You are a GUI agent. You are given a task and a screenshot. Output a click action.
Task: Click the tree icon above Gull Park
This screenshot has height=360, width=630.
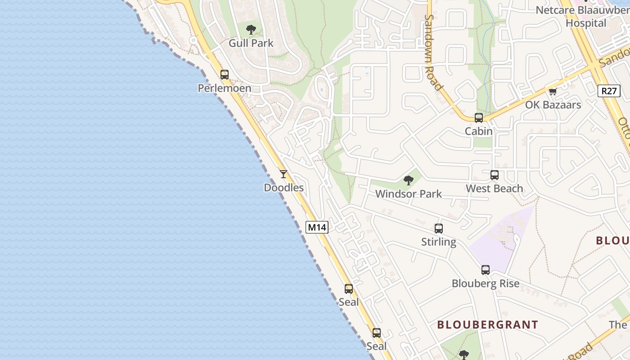[251, 30]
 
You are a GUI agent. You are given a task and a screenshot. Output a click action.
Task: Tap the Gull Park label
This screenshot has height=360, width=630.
[251, 43]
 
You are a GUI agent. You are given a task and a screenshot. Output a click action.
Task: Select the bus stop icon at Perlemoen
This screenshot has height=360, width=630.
[224, 75]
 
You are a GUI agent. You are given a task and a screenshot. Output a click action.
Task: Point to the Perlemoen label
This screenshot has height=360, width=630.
[225, 88]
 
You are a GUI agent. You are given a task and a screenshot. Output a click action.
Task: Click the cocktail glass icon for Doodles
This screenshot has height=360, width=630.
[283, 174]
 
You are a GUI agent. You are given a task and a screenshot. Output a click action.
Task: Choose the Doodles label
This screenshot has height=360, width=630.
[283, 188]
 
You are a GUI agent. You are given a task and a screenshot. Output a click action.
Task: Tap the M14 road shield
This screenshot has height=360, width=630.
[317, 227]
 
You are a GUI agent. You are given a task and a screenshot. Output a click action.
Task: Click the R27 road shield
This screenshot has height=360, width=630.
[609, 91]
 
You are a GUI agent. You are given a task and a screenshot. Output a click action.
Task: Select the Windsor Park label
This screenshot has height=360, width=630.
[409, 194]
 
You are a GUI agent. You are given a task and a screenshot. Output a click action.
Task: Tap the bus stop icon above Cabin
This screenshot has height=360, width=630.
[479, 118]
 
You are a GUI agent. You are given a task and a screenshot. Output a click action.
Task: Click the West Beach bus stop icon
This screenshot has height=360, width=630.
[495, 175]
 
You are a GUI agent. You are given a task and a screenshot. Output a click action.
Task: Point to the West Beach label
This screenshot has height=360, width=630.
[495, 188]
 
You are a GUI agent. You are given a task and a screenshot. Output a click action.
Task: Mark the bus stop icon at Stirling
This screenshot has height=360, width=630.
[439, 229]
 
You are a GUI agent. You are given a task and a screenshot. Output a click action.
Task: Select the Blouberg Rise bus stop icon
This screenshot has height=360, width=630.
[486, 270]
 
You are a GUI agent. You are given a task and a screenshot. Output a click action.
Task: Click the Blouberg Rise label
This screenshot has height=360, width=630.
[486, 283]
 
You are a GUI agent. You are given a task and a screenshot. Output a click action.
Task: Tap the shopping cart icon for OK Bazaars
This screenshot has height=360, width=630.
[553, 91]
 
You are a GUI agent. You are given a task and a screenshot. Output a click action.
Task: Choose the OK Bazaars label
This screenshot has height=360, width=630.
[553, 105]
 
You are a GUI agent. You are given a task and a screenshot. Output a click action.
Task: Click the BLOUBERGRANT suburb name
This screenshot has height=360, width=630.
[487, 324]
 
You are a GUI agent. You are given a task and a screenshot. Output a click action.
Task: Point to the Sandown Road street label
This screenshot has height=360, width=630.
[434, 52]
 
